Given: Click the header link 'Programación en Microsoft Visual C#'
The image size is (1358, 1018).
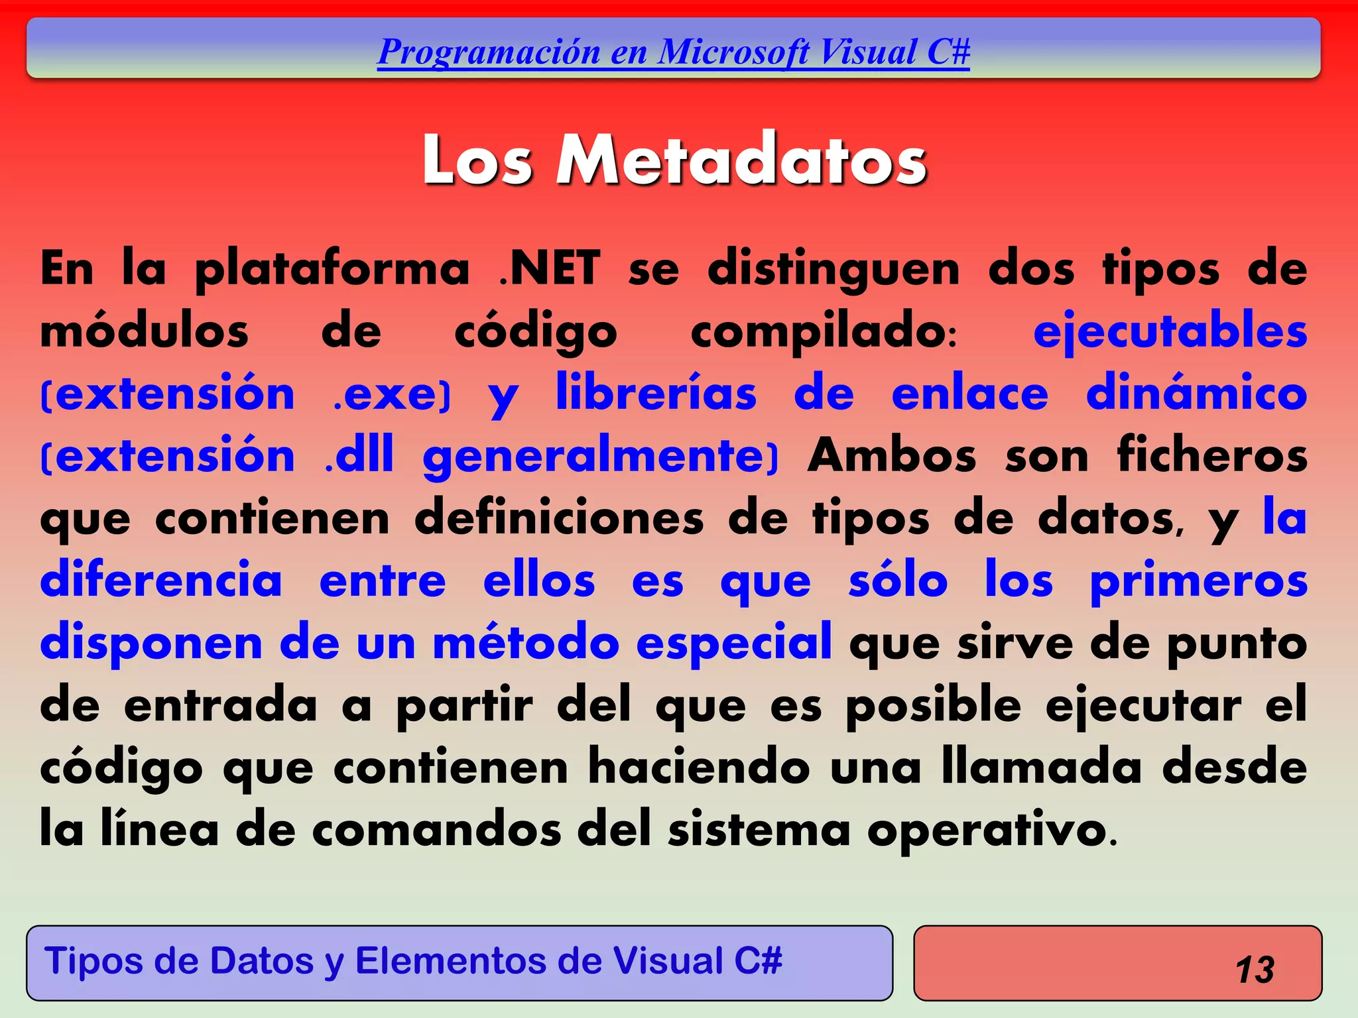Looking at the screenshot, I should click(x=673, y=52).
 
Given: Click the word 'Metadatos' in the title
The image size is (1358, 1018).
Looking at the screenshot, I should click(x=741, y=160).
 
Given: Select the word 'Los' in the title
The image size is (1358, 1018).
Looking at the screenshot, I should click(x=477, y=160).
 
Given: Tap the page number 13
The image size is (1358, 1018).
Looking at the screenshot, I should click(x=1255, y=970).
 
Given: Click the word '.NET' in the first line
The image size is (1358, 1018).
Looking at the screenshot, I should click(x=550, y=268).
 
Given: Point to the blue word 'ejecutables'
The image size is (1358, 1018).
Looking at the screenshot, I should click(x=1170, y=331).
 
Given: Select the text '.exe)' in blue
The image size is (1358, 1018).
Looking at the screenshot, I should click(x=392, y=394).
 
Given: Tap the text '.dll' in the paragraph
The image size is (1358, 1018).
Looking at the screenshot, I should click(x=360, y=455).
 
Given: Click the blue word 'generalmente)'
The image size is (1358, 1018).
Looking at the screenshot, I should click(x=601, y=457).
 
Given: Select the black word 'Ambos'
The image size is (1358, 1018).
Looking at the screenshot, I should click(x=891, y=455).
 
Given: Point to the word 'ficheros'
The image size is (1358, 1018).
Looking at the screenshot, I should click(x=1212, y=455).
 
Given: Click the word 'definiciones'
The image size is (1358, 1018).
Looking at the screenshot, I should click(x=559, y=518).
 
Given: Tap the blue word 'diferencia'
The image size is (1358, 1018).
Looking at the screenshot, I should click(x=161, y=580).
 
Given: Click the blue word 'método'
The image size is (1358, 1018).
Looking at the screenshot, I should click(x=526, y=642).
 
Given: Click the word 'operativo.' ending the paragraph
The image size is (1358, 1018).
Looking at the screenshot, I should click(x=992, y=830).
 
